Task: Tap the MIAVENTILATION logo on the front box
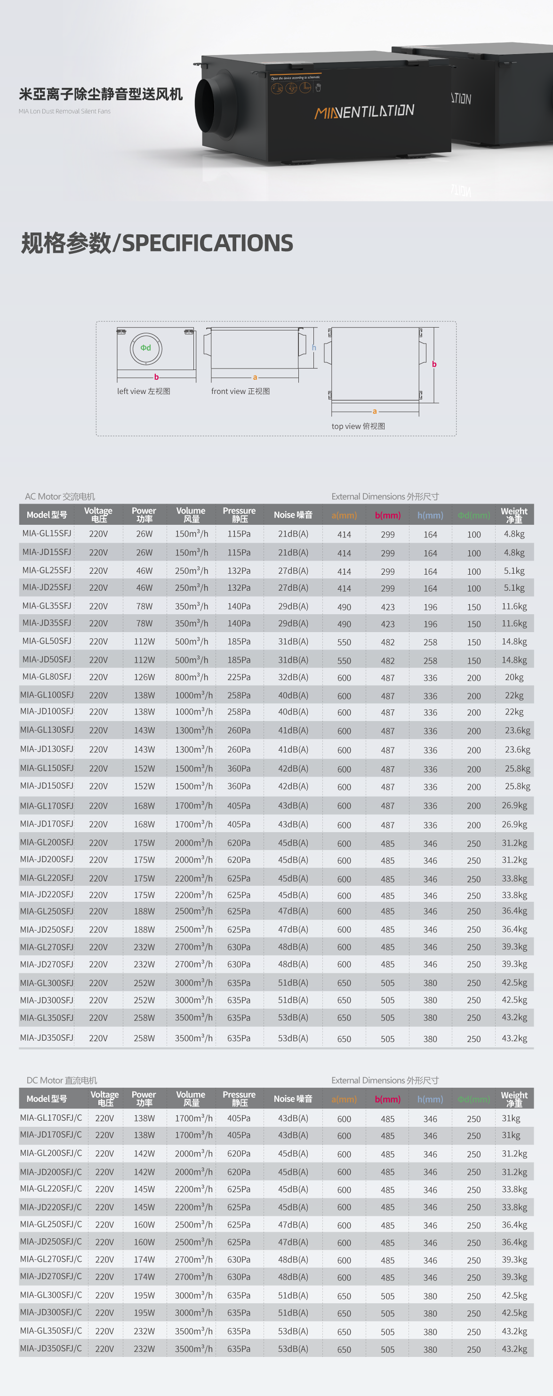coord(364,112)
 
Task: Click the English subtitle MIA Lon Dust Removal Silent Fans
coord(64,112)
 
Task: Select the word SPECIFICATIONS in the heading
coord(208,243)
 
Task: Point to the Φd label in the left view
coord(146,348)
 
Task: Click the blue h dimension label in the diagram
coord(314,348)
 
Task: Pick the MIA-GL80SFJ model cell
coord(47,677)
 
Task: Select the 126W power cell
coord(144,677)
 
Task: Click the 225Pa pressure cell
coord(239,677)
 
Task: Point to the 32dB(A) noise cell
coord(293,677)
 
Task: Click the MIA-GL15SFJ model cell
coord(47,533)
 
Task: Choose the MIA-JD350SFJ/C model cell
coord(51,1348)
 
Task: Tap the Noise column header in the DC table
coord(293,1099)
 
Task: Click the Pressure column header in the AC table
coord(239,514)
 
